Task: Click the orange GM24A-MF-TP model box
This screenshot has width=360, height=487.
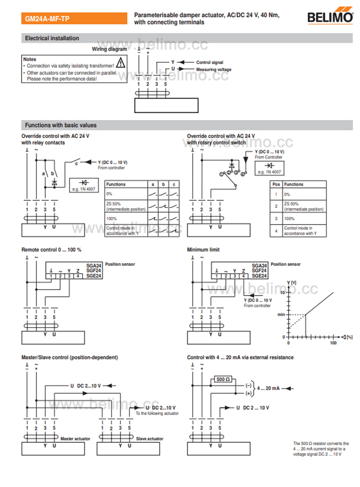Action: (x=74, y=18)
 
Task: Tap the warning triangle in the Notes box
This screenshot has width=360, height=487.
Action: (x=120, y=62)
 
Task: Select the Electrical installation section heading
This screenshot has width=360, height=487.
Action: (x=52, y=38)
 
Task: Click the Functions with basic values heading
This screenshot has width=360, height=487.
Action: (x=60, y=125)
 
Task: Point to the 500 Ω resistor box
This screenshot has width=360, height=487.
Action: (x=223, y=379)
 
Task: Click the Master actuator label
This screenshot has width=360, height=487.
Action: (x=75, y=439)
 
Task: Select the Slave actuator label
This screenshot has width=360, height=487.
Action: (x=149, y=439)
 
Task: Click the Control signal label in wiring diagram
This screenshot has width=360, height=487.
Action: (x=210, y=62)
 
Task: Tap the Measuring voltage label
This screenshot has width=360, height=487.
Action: (x=214, y=70)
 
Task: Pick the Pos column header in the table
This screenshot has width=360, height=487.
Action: (x=276, y=184)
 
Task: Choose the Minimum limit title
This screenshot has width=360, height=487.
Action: (x=203, y=249)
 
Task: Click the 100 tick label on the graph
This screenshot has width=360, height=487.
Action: (x=333, y=343)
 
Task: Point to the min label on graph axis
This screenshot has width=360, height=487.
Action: (x=281, y=315)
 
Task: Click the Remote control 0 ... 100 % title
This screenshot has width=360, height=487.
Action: (x=51, y=249)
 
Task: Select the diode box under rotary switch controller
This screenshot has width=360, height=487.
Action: (x=269, y=168)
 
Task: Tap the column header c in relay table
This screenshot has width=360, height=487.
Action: (x=174, y=184)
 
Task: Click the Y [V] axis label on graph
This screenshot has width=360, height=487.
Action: (x=292, y=283)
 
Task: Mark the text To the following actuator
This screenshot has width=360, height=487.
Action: (x=157, y=414)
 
